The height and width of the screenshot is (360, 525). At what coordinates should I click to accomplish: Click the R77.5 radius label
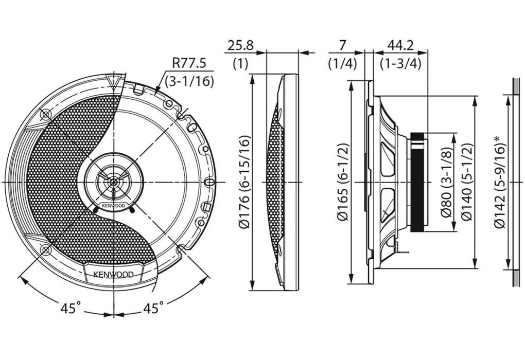[189, 63]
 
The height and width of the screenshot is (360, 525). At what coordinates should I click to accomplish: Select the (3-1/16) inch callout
[190, 81]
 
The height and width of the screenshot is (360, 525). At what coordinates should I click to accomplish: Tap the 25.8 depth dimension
[241, 45]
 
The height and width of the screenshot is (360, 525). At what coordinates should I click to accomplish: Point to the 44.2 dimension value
[400, 45]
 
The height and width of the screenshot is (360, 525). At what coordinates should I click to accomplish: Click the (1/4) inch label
[342, 63]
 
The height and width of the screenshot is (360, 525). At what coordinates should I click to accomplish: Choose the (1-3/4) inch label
[401, 63]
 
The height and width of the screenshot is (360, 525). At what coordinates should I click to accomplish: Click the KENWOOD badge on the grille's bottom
[113, 274]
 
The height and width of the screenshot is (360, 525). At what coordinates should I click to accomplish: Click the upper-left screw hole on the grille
[45, 115]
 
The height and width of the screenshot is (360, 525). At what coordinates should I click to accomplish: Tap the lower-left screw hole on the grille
[45, 249]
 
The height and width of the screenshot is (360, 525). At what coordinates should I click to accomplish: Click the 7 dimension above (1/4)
[342, 45]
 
